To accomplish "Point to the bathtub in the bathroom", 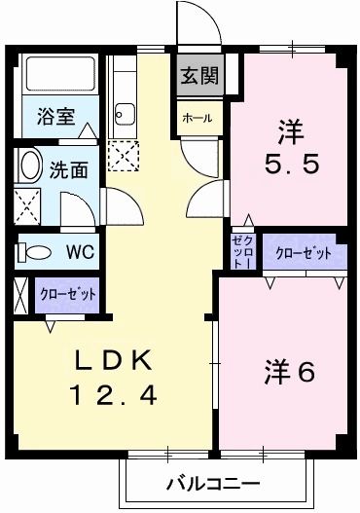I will pyautogui.click(x=59, y=76).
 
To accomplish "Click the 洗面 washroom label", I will pyautogui.click(x=69, y=167).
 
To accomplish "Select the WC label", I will pyautogui.click(x=79, y=252).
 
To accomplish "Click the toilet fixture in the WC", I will pyautogui.click(x=36, y=252).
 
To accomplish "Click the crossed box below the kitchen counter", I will pyautogui.click(x=123, y=154).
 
